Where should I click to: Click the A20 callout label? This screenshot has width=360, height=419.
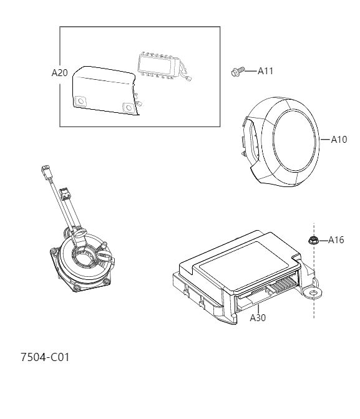[59, 72]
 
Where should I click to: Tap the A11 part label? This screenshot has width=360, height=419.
[265, 71]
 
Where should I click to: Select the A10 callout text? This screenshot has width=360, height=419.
[338, 140]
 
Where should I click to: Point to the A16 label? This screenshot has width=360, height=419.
[336, 240]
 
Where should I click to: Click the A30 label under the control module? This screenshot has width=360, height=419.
[258, 317]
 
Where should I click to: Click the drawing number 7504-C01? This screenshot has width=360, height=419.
[45, 357]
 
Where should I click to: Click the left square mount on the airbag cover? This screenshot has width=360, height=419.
[81, 100]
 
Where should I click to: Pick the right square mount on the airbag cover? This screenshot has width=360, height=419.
[129, 108]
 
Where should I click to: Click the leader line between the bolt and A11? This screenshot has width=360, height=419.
[249, 71]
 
